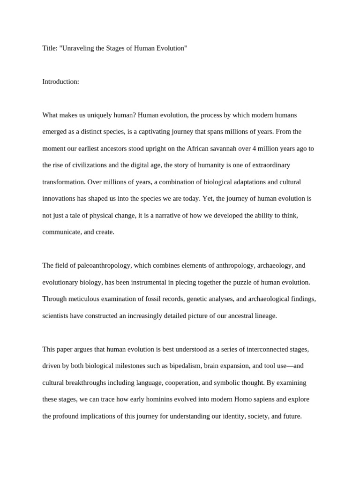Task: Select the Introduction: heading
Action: pyautogui.click(x=61, y=82)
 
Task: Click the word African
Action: pyautogui.click(x=199, y=149)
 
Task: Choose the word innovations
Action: pyautogui.click(x=59, y=199)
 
